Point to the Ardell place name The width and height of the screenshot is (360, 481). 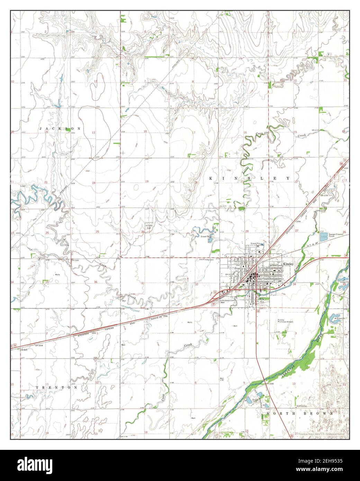pyautogui.click(x=24, y=350)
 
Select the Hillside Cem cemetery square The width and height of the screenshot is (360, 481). pyautogui.click(x=149, y=225)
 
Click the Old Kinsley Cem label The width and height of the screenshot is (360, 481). pyautogui.click(x=207, y=260)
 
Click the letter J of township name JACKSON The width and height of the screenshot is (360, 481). pyautogui.click(x=41, y=128)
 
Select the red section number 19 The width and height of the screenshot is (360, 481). pyautogui.click(x=146, y=181)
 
